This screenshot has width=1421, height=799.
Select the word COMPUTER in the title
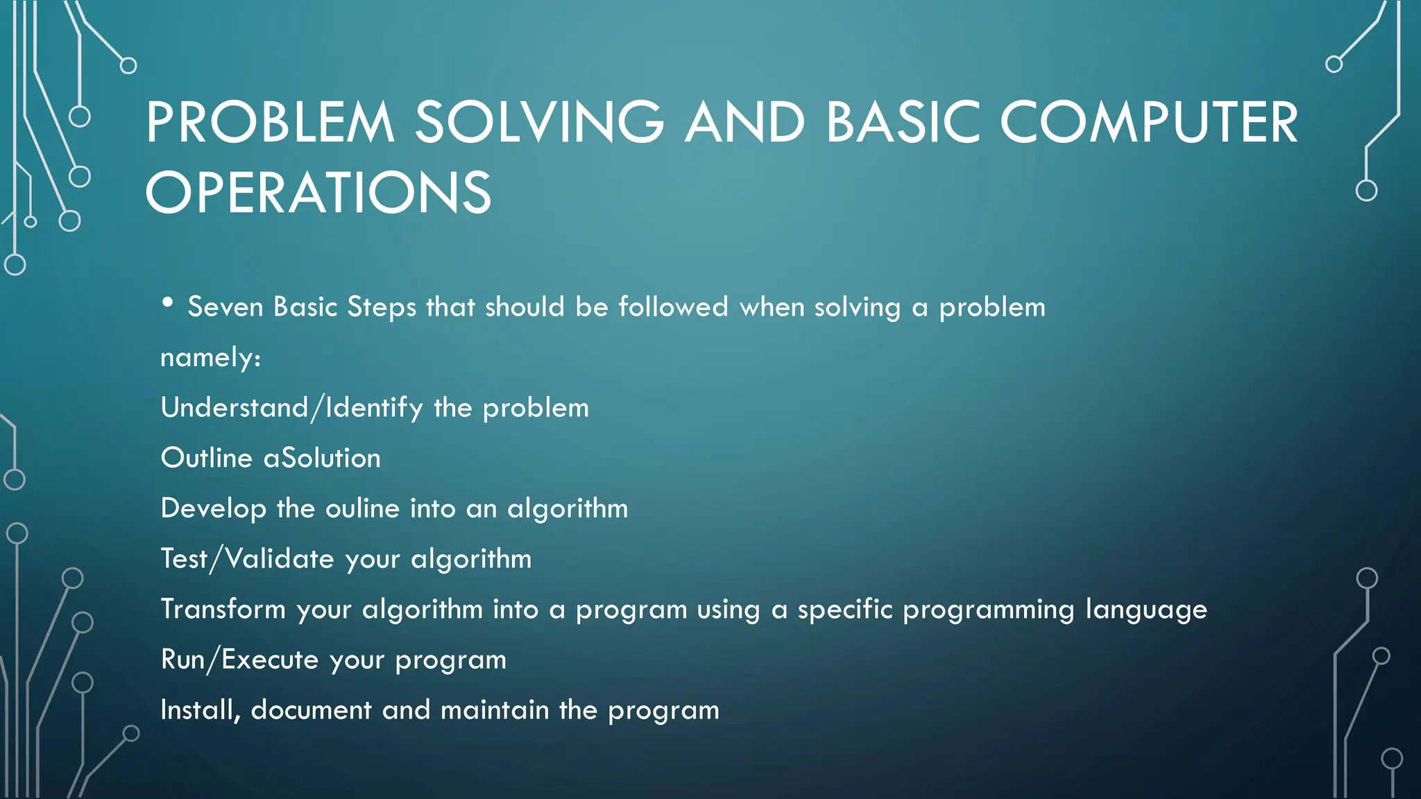click(x=1148, y=123)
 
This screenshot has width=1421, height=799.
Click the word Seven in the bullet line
click(x=225, y=307)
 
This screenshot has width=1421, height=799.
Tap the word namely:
click(x=210, y=358)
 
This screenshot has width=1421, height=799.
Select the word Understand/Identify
click(x=291, y=408)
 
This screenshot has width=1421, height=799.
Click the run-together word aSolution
click(x=322, y=458)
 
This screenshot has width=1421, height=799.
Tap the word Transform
click(x=223, y=610)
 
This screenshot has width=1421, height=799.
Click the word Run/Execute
click(x=239, y=660)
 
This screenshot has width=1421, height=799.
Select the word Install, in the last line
click(x=200, y=710)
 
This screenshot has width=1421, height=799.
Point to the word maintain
click(x=495, y=710)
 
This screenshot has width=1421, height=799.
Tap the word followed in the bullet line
click(x=673, y=307)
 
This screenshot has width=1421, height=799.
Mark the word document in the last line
click(x=311, y=710)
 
